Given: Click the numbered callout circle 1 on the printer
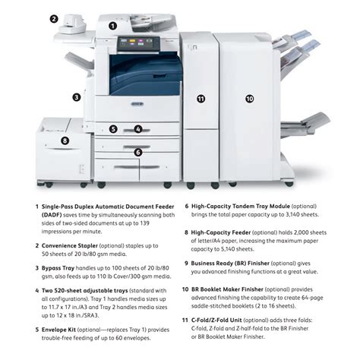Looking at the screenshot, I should click(x=112, y=25).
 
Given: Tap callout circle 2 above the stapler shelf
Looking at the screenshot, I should click(x=54, y=19).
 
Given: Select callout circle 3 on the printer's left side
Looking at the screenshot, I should click(x=76, y=96).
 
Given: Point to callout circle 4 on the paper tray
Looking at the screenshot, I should click(x=137, y=129).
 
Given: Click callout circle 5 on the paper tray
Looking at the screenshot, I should click(x=112, y=129).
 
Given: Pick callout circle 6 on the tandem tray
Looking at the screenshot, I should click(x=137, y=152).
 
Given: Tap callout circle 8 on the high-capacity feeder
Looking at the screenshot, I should click(x=65, y=140).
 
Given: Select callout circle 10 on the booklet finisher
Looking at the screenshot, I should click(x=249, y=99).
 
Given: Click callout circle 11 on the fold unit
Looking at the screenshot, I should click(x=201, y=99).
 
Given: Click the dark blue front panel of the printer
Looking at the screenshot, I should click(x=144, y=75).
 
